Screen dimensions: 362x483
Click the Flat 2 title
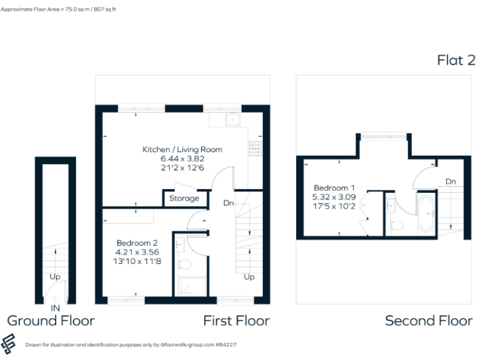(456, 60)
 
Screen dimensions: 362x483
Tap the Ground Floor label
(50, 321)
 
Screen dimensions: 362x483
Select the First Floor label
(236, 321)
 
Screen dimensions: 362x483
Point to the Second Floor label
(428, 321)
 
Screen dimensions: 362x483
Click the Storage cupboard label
(184, 199)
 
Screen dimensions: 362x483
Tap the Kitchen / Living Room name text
(182, 150)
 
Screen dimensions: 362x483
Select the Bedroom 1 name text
(335, 188)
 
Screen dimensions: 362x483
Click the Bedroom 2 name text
(136, 243)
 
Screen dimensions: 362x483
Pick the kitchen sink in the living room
(233, 119)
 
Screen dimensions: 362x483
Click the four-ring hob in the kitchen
(256, 148)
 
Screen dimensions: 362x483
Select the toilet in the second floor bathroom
(397, 224)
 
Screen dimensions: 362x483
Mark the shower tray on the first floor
(191, 287)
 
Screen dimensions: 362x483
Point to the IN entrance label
(55, 309)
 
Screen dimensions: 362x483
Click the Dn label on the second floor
(450, 182)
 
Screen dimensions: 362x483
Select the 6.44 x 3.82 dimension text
(182, 159)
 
